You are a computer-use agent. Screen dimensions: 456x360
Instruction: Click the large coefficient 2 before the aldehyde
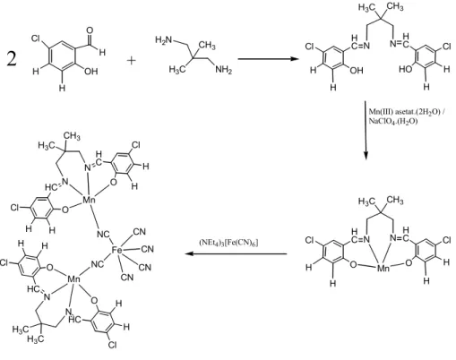pos(12,58)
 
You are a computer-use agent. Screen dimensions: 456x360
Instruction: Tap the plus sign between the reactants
pos(131,60)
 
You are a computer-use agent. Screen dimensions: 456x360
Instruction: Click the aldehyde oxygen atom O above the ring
pos(90,30)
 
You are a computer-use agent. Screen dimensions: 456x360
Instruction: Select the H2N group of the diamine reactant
pos(164,39)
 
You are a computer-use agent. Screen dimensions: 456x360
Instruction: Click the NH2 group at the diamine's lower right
pos(224,70)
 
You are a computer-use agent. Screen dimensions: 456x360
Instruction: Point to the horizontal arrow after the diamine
pos(268,58)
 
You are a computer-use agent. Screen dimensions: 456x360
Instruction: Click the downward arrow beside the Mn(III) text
pos(366,131)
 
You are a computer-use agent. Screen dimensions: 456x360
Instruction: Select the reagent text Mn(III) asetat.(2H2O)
pos(404,112)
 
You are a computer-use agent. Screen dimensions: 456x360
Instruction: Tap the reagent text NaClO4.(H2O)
pos(393,121)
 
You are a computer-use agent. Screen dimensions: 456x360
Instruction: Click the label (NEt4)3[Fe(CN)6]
pos(228,242)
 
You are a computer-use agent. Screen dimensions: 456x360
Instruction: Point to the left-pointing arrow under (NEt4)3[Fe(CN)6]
pos(236,253)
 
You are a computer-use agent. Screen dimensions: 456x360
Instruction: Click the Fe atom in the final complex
pos(116,250)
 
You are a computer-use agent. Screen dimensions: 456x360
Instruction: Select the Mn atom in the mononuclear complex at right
pos(383,268)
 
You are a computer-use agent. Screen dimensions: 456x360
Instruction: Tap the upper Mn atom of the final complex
pos(89,200)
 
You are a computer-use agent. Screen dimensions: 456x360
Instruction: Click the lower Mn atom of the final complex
pos(73,279)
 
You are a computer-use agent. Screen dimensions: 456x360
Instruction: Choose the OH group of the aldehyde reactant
pos(91,71)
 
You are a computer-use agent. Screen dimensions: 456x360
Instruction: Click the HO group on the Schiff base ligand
pos(406,69)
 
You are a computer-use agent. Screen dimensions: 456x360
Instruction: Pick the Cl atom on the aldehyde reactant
pos(36,39)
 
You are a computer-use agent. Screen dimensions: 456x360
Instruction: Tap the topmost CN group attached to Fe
pos(140,232)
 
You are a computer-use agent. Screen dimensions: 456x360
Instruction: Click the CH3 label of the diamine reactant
pos(207,46)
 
